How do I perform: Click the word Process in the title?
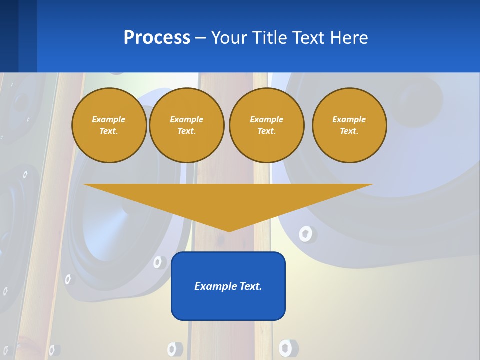(157, 38)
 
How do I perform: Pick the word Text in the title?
(309, 38)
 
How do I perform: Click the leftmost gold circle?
(109, 125)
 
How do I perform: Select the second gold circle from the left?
(186, 125)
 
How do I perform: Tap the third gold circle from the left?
(266, 125)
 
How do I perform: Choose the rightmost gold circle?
(349, 125)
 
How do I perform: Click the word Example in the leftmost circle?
(109, 119)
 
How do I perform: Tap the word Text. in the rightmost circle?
(349, 131)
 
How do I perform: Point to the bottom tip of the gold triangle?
(229, 231)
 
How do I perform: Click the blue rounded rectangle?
(228, 300)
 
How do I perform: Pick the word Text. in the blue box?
(252, 286)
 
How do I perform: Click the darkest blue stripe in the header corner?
(9, 36)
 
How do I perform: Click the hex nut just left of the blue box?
(160, 262)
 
